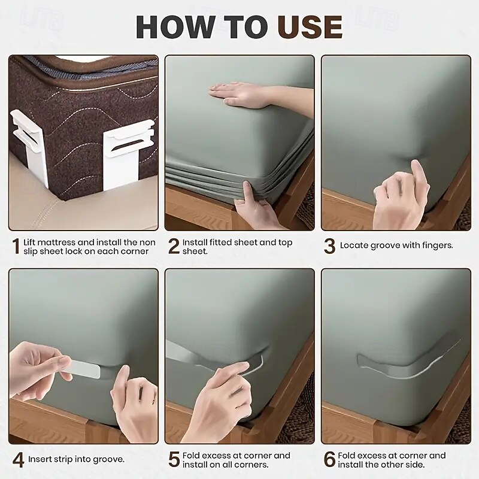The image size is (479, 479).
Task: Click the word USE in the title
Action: (x=310, y=26)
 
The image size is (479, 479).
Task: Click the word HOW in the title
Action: (x=175, y=26)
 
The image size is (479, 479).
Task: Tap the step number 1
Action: (x=16, y=247)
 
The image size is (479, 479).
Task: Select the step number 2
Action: (x=174, y=247)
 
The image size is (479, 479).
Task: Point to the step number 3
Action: (x=330, y=247)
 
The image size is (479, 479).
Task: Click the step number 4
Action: (x=18, y=460)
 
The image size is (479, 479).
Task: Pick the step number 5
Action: (x=174, y=460)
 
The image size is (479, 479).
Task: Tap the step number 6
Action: (x=330, y=460)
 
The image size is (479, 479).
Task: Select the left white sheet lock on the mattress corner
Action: (x=29, y=147)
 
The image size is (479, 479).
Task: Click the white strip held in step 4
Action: (x=84, y=369)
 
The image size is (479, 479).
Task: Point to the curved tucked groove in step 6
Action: (x=407, y=361)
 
